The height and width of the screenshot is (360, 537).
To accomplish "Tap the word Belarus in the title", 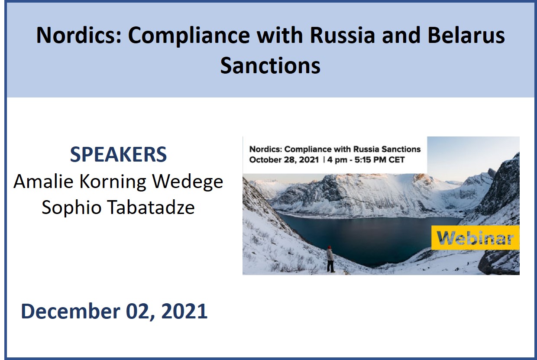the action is (466, 35).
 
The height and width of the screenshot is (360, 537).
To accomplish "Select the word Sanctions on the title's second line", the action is (270, 65).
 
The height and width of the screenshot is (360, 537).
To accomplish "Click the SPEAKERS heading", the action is (118, 155).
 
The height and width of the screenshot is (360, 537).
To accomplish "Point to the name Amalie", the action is (43, 182).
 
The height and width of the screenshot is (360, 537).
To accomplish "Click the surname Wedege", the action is (188, 182).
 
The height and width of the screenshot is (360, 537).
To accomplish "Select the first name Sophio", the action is (71, 208).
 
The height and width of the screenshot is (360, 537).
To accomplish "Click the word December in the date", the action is (71, 311).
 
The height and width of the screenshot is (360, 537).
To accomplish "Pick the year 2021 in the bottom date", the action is (184, 311).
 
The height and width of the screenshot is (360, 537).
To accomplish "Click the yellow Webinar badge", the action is (475, 238).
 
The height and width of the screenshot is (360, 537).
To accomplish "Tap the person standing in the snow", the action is (330, 259).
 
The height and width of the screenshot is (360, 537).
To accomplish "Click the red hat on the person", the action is (330, 247).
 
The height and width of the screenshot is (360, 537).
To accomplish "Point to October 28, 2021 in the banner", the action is (284, 160).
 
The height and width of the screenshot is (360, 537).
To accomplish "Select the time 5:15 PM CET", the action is (379, 160).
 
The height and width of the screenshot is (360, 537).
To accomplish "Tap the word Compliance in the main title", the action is (189, 36).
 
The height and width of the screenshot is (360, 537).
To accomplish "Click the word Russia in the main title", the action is (342, 35).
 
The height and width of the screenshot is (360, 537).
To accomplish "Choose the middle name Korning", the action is (113, 182).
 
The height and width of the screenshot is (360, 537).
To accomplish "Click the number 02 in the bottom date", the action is (140, 311).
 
